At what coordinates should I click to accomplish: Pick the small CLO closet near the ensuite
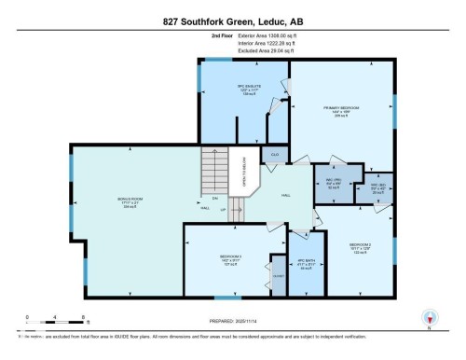(x=275, y=154)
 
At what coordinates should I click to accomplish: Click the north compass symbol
(x=430, y=318)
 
